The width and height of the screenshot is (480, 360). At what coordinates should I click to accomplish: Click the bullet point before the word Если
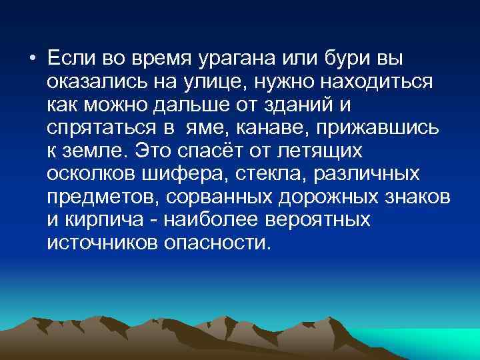point(32,58)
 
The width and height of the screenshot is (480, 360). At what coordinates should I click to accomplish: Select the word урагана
point(236,58)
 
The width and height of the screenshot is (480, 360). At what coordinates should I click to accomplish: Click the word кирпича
point(97,221)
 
